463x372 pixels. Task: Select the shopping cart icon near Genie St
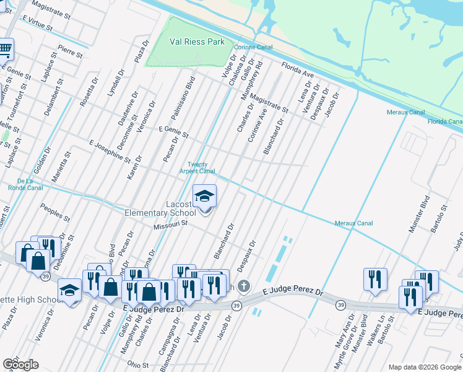[x=5, y=48]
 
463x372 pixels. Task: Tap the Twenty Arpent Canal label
[x=197, y=167]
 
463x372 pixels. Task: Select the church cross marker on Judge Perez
[x=244, y=286]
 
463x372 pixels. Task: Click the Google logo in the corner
[x=20, y=365]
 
